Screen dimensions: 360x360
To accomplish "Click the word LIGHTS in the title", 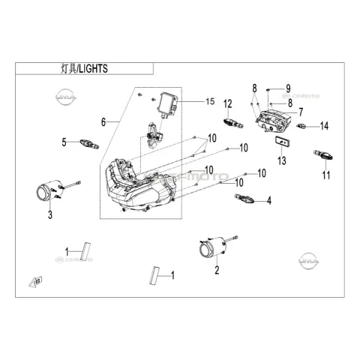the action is pyautogui.click(x=93, y=69).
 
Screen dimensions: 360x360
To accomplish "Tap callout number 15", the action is pyautogui.click(x=210, y=101).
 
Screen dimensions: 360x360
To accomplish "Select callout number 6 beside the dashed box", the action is pyautogui.click(x=103, y=122).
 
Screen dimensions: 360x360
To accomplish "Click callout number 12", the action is pyautogui.click(x=228, y=104).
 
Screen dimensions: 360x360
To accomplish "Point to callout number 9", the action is pyautogui.click(x=288, y=88).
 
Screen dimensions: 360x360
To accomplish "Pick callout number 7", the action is pyautogui.click(x=301, y=112).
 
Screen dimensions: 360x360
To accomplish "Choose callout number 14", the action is pyautogui.click(x=324, y=126).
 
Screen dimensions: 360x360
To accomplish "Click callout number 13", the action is pyautogui.click(x=282, y=160).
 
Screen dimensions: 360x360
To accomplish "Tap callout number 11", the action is pyautogui.click(x=326, y=175).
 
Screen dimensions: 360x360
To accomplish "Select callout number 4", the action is pyautogui.click(x=269, y=200).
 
